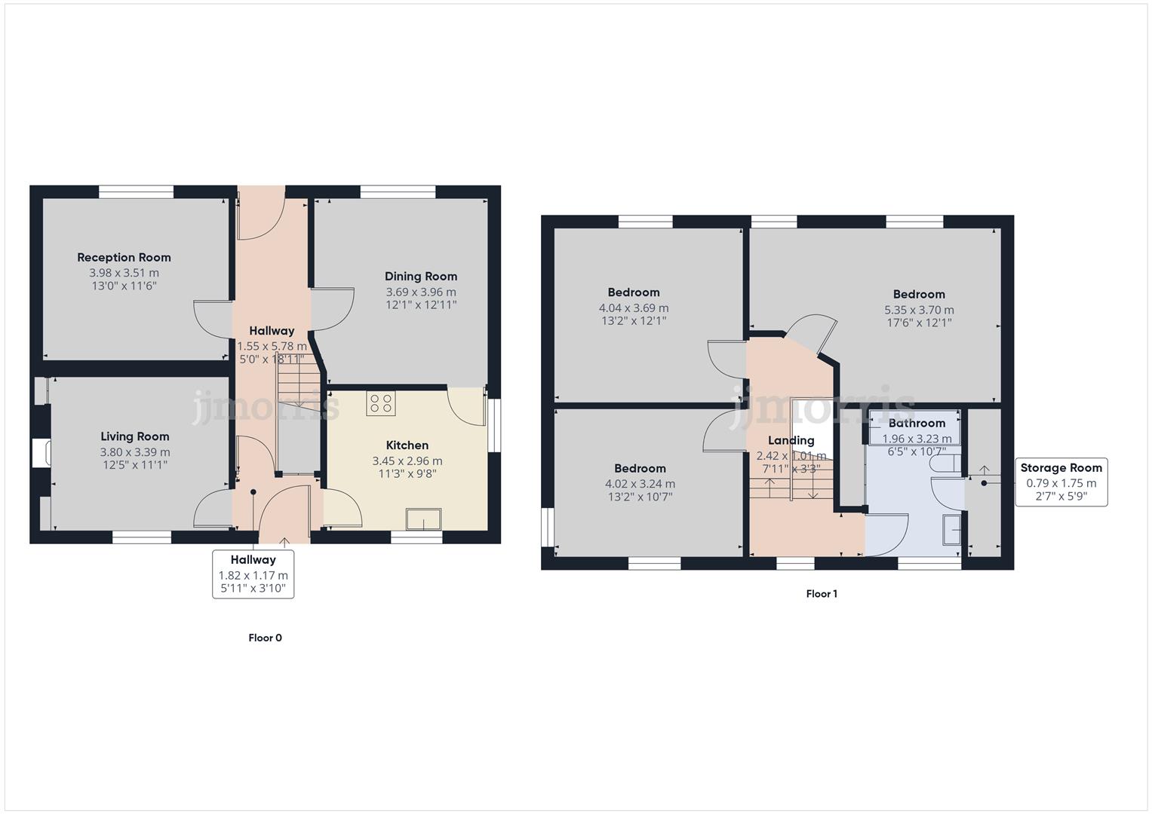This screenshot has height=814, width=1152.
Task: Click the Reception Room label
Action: tap(124, 258)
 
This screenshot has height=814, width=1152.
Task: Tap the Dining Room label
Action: tap(421, 277)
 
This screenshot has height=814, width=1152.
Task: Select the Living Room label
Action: tap(135, 436)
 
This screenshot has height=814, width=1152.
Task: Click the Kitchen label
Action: tap(407, 445)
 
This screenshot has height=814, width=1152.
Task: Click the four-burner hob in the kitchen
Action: tap(381, 403)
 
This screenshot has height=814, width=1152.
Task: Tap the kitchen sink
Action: tap(423, 519)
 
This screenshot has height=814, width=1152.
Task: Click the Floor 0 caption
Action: tap(266, 638)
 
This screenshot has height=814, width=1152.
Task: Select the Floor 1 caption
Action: tap(822, 594)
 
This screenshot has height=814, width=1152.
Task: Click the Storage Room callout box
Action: tap(1061, 482)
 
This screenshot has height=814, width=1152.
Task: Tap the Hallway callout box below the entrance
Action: tap(253, 574)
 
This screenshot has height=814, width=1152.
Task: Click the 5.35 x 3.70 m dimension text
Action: tap(919, 310)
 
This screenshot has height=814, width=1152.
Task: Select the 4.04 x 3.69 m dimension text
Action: tap(634, 308)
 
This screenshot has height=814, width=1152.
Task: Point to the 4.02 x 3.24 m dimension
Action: tap(640, 484)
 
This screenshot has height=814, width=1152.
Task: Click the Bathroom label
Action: tap(917, 424)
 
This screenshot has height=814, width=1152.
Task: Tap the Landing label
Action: tap(791, 441)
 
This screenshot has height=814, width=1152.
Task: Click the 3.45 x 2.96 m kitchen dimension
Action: tap(407, 461)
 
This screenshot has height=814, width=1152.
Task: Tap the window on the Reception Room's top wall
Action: tap(136, 192)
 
